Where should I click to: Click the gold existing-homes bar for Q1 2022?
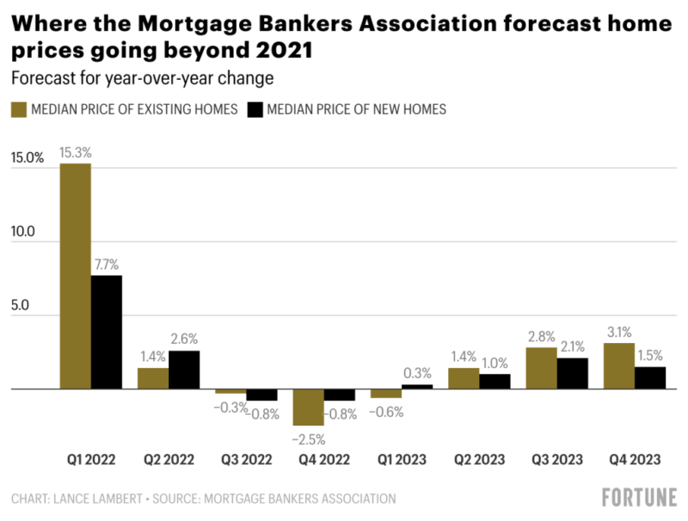[75, 276]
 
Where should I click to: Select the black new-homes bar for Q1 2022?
[107, 332]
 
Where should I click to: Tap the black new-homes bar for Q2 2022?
[184, 370]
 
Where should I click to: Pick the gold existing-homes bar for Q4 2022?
[308, 407]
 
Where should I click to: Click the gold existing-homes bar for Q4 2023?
[619, 366]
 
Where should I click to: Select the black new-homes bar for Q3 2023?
[574, 373]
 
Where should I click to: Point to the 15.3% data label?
[75, 152]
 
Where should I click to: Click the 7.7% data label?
[107, 265]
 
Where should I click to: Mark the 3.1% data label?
[619, 332]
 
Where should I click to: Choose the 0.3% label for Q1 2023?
[418, 373]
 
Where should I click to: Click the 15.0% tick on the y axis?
[28, 158]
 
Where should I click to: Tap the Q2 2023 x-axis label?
[479, 460]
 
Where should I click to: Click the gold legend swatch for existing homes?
[18, 109]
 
